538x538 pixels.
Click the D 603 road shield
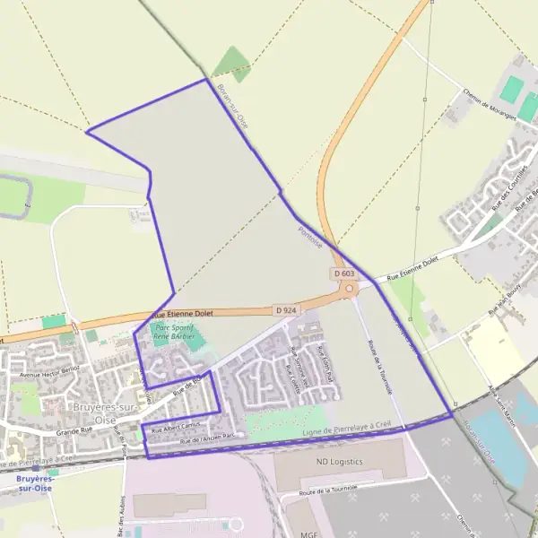[343, 273]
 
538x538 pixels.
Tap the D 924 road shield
[286, 310]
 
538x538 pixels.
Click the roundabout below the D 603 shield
[348, 289]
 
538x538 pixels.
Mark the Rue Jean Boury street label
[505, 305]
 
